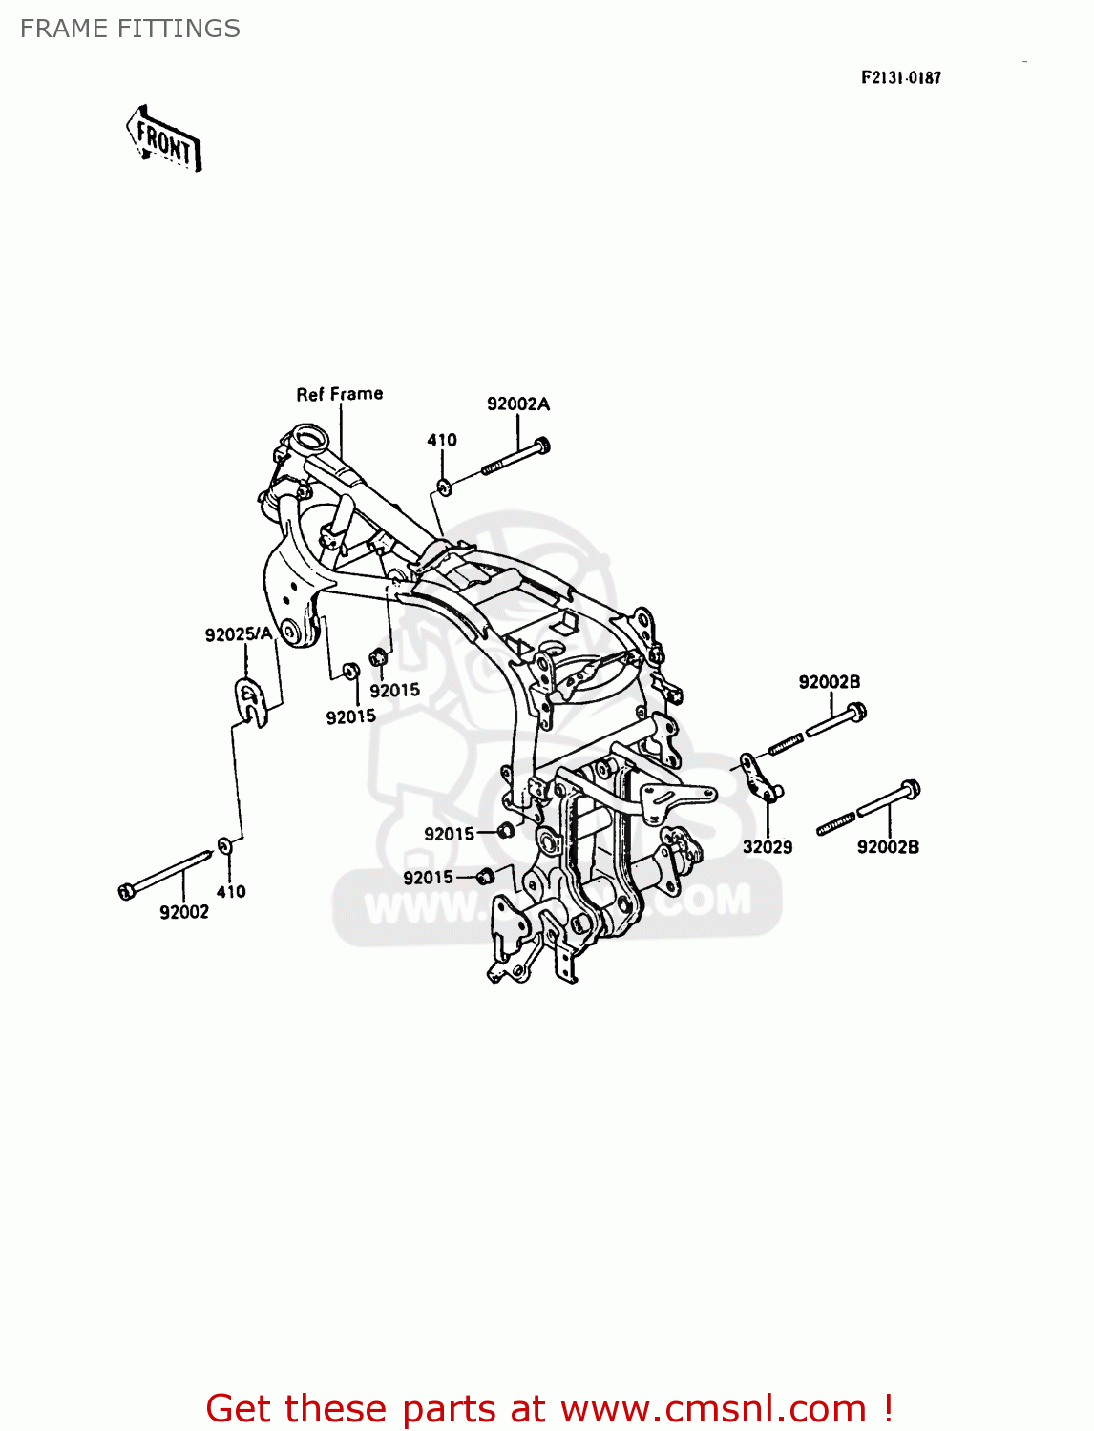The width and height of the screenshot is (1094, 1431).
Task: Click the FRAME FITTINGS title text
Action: tap(130, 29)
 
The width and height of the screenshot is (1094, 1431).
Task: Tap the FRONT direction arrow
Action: tap(164, 140)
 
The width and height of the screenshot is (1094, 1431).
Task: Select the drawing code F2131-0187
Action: tap(900, 78)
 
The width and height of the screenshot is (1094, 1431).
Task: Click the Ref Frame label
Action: tap(339, 394)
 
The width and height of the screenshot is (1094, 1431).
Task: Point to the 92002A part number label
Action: tap(518, 404)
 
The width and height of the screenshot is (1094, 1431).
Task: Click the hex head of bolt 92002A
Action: tap(541, 445)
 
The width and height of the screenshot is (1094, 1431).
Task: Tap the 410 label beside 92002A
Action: tap(441, 440)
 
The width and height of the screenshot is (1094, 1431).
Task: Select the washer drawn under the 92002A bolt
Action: tap(444, 487)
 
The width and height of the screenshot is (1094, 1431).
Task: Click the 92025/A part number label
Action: tap(239, 633)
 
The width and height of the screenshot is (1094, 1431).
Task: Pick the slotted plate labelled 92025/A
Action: tap(250, 700)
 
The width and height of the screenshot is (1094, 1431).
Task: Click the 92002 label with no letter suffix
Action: tap(183, 912)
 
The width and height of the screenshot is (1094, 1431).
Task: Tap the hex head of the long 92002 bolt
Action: tap(126, 891)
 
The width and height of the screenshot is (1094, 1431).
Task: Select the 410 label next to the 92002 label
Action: tap(231, 892)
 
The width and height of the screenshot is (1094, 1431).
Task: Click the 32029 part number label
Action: tap(768, 846)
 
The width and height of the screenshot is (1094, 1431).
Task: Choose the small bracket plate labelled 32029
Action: tap(761, 777)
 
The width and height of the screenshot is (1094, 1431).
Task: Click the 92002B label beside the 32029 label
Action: tap(888, 846)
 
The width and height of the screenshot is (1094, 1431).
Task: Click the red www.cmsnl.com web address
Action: tap(713, 1408)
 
